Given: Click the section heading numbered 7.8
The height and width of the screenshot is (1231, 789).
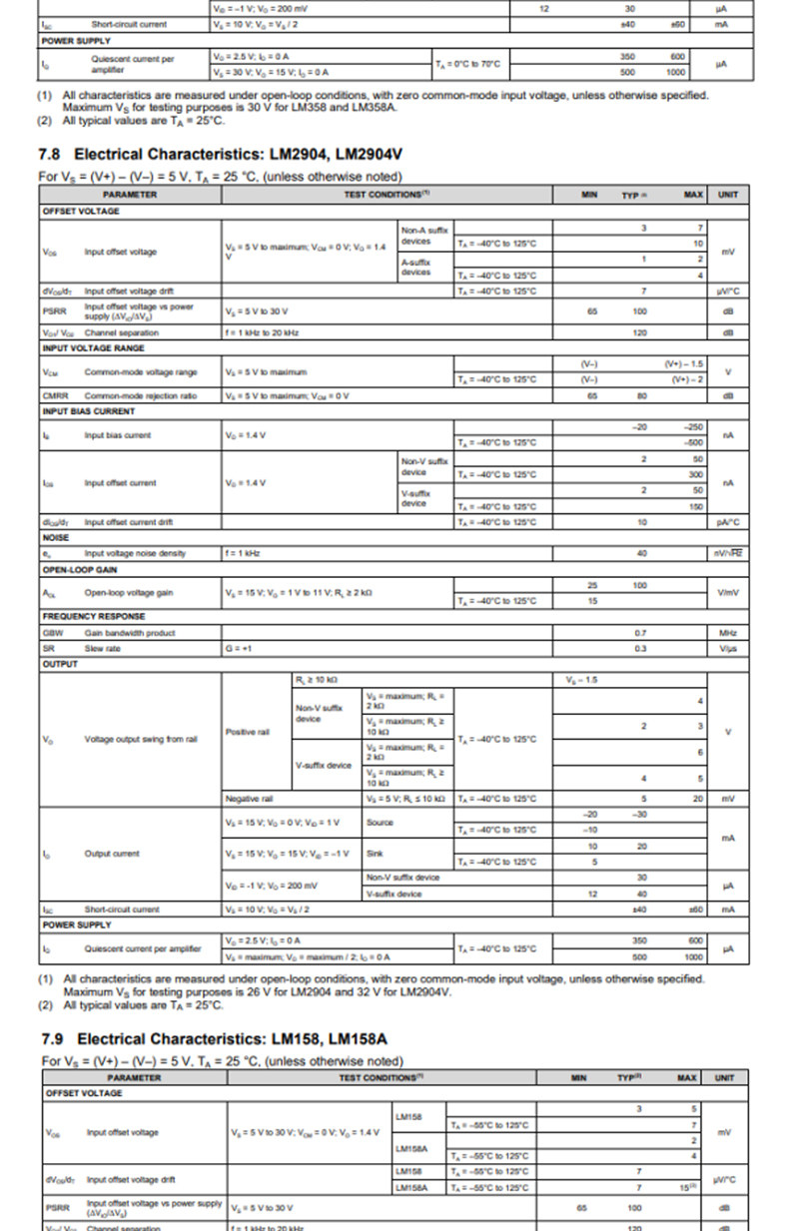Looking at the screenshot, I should (x=221, y=155).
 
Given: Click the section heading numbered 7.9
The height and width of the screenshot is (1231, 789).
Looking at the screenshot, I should (x=215, y=1038).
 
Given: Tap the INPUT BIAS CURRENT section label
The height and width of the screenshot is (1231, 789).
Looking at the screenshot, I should (x=88, y=411).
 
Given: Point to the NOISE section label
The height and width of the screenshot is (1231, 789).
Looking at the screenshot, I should (x=56, y=537).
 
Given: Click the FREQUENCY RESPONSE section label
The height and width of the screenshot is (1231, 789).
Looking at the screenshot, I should (x=93, y=616).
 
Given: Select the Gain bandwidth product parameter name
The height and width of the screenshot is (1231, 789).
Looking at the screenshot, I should (x=130, y=633).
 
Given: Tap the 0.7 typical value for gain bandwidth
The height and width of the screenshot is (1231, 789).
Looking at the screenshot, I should (x=640, y=633).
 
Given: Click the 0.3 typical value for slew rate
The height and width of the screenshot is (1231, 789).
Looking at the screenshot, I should (x=640, y=648).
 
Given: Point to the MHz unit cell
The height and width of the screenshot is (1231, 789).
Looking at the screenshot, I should (x=727, y=633).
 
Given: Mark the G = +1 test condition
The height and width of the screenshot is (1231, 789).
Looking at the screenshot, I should (x=238, y=648).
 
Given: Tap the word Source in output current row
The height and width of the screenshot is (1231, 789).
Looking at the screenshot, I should (x=381, y=822).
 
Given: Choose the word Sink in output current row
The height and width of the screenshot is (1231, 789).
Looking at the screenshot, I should (x=376, y=854).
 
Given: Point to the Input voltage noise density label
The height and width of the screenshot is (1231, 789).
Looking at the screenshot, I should (x=134, y=552).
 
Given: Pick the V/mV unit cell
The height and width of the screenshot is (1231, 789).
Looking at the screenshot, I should (x=727, y=592).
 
